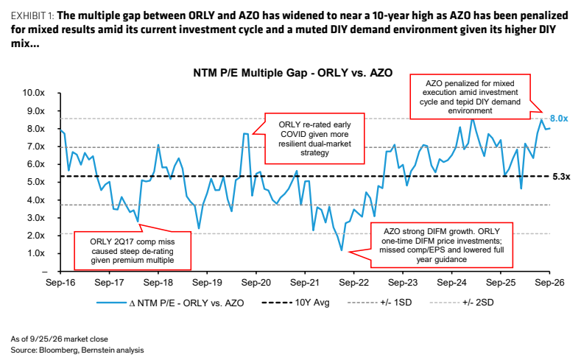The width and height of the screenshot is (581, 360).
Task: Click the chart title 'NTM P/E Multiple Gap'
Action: tap(250, 73)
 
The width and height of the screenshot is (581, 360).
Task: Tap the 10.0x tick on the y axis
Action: tap(33, 93)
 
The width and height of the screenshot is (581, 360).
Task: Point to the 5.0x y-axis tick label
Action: tap(35, 182)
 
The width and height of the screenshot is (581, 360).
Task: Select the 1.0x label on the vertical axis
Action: tap(35, 253)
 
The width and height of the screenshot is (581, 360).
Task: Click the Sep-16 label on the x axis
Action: tap(60, 283)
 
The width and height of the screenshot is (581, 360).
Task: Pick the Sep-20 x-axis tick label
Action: tap(256, 283)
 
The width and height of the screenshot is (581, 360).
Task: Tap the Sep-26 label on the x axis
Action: tap(549, 283)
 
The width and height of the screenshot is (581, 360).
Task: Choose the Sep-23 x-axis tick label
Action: tap(403, 283)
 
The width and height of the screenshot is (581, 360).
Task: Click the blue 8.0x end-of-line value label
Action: tap(559, 119)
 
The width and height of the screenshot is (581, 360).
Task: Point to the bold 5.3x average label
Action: tap(561, 177)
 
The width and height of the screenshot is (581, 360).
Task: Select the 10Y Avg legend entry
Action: tap(295, 303)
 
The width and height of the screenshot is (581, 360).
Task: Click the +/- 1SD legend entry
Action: tap(380, 303)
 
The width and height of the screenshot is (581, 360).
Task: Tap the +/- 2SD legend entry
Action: tap(462, 303)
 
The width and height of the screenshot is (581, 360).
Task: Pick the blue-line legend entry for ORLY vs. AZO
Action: tap(170, 303)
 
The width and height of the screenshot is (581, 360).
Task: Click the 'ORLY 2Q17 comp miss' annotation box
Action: tap(133, 251)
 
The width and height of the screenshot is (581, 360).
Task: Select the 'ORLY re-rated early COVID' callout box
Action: tap(314, 138)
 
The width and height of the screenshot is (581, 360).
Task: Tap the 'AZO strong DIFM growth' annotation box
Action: tap(442, 245)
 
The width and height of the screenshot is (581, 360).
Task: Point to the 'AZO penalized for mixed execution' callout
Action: tap(470, 96)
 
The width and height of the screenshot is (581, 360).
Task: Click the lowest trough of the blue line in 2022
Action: tap(341, 250)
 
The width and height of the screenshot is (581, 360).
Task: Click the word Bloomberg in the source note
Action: tap(57, 350)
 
